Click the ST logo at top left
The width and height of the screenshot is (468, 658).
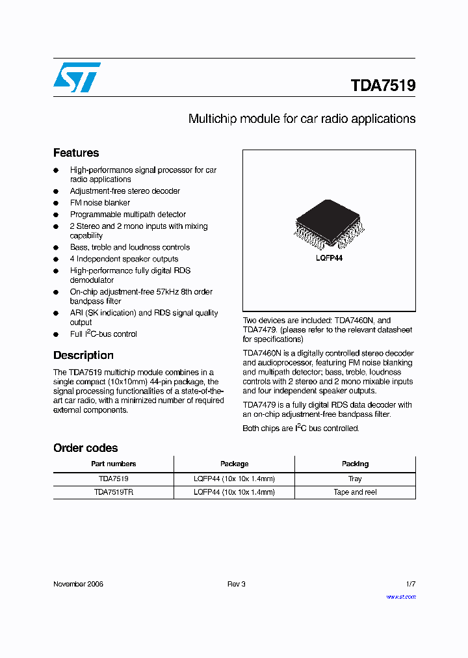[77, 77]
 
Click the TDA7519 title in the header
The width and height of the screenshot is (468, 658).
[383, 86]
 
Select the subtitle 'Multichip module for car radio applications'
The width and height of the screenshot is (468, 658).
[302, 119]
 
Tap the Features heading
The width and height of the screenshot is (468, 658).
[76, 153]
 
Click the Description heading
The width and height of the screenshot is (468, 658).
[83, 355]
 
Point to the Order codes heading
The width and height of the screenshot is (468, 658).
[85, 448]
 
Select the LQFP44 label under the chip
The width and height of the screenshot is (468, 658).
[329, 258]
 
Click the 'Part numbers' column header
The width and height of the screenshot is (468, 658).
[113, 464]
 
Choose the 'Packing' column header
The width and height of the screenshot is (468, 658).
[355, 464]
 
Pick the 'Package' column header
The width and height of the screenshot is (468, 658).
[234, 464]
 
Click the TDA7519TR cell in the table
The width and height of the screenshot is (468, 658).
[113, 492]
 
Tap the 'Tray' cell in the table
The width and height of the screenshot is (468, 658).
[355, 479]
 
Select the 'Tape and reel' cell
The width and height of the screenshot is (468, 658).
[355, 492]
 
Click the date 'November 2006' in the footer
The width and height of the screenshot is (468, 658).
[78, 584]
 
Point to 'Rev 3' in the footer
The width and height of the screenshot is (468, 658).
[236, 584]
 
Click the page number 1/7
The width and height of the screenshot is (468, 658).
[410, 584]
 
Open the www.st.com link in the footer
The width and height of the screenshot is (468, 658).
[400, 596]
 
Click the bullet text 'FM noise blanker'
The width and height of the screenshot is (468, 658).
[100, 203]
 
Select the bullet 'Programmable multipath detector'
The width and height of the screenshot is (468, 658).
[128, 215]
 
